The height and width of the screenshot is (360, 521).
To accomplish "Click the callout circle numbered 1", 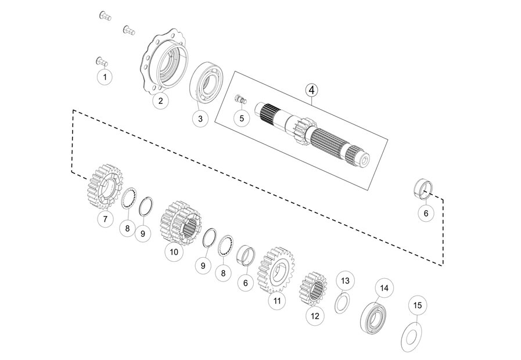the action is (x=105, y=77).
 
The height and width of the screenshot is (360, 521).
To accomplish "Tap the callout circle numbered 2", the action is (x=161, y=100).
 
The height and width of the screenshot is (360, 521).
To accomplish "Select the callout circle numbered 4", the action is (x=311, y=90).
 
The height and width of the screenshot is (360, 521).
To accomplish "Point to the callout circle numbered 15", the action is (x=418, y=305).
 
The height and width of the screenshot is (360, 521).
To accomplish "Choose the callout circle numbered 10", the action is (x=174, y=252).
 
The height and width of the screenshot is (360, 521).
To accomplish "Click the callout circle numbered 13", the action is (x=345, y=280).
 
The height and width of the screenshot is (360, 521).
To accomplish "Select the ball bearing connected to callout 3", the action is (x=206, y=82).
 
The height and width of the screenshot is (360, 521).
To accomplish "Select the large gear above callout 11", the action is (x=276, y=270).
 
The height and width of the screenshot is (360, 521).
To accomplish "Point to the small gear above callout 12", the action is (x=312, y=289).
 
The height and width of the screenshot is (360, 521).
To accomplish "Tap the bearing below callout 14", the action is (x=374, y=318).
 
